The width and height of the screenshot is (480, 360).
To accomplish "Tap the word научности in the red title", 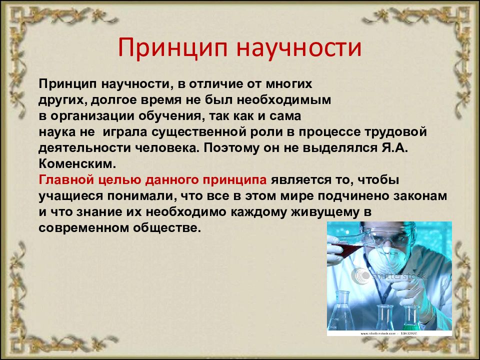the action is (299, 48).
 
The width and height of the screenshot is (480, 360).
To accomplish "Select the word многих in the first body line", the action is (288, 84).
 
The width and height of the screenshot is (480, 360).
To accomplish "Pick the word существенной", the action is (199, 132).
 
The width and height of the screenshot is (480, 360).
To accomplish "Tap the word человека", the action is (167, 148).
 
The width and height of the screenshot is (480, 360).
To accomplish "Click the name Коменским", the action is (77, 164).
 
